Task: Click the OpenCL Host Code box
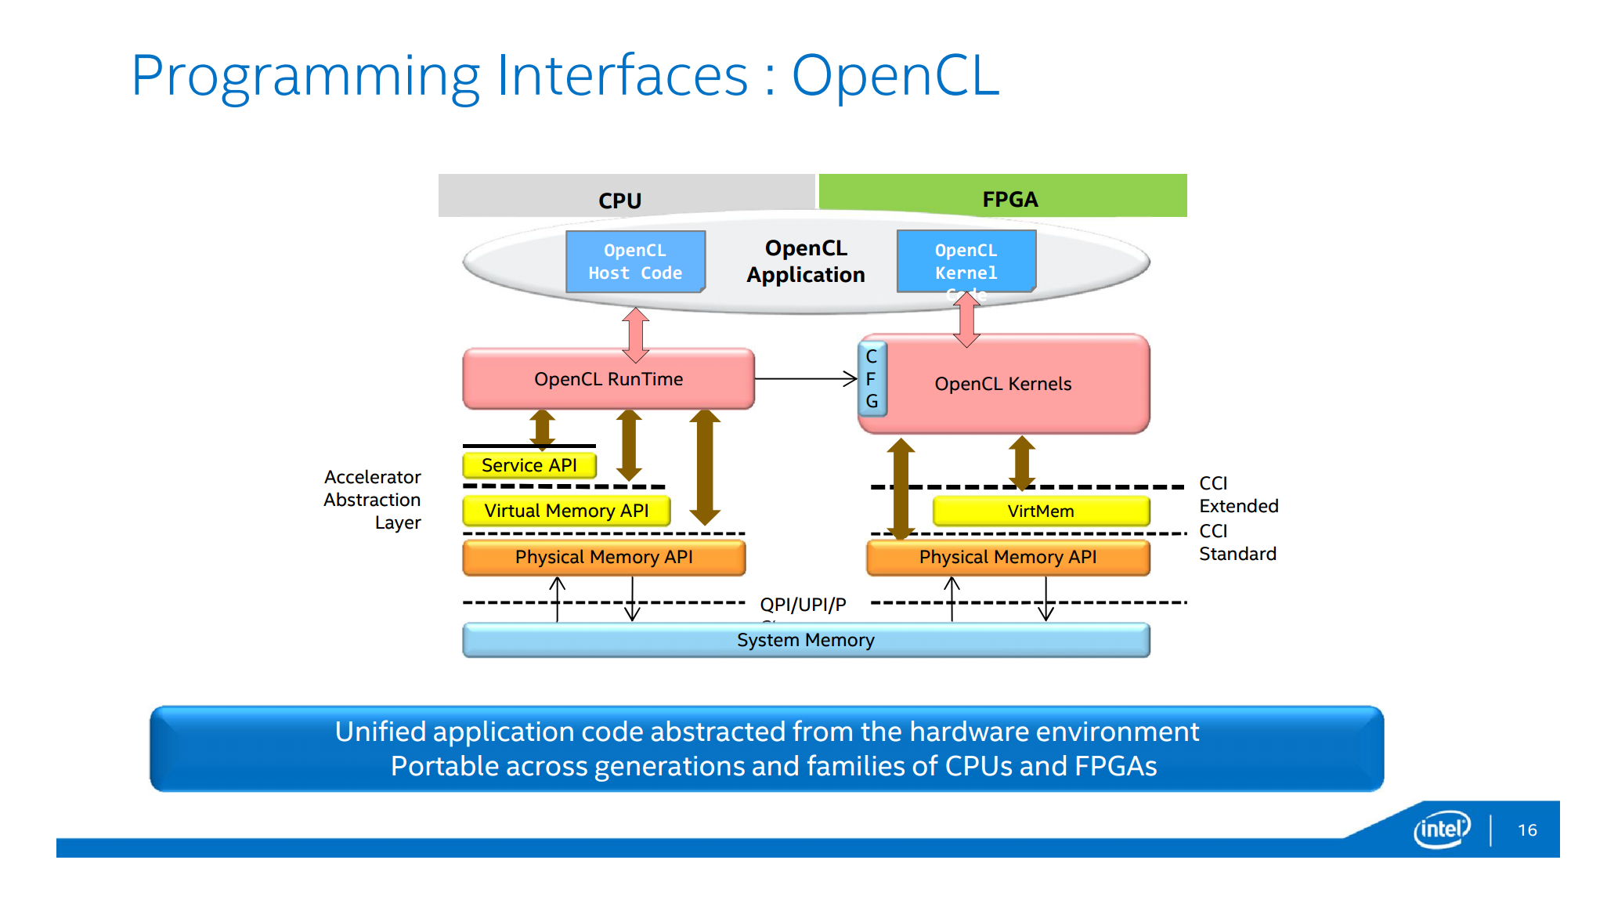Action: click(635, 262)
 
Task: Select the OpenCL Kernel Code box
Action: click(966, 262)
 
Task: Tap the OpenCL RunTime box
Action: click(608, 379)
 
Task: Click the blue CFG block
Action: click(872, 379)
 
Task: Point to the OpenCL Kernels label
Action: click(1002, 384)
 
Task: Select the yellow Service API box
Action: click(529, 465)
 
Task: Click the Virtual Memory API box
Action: click(566, 511)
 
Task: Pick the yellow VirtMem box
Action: click(1041, 511)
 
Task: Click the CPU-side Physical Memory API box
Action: click(604, 557)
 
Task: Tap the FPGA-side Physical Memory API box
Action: click(1008, 557)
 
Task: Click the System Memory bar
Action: click(806, 640)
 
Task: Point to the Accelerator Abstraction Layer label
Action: click(373, 500)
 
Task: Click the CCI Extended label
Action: click(1238, 495)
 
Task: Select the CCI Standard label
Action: click(1237, 543)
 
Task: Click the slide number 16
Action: click(1527, 830)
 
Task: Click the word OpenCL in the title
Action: click(895, 76)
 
